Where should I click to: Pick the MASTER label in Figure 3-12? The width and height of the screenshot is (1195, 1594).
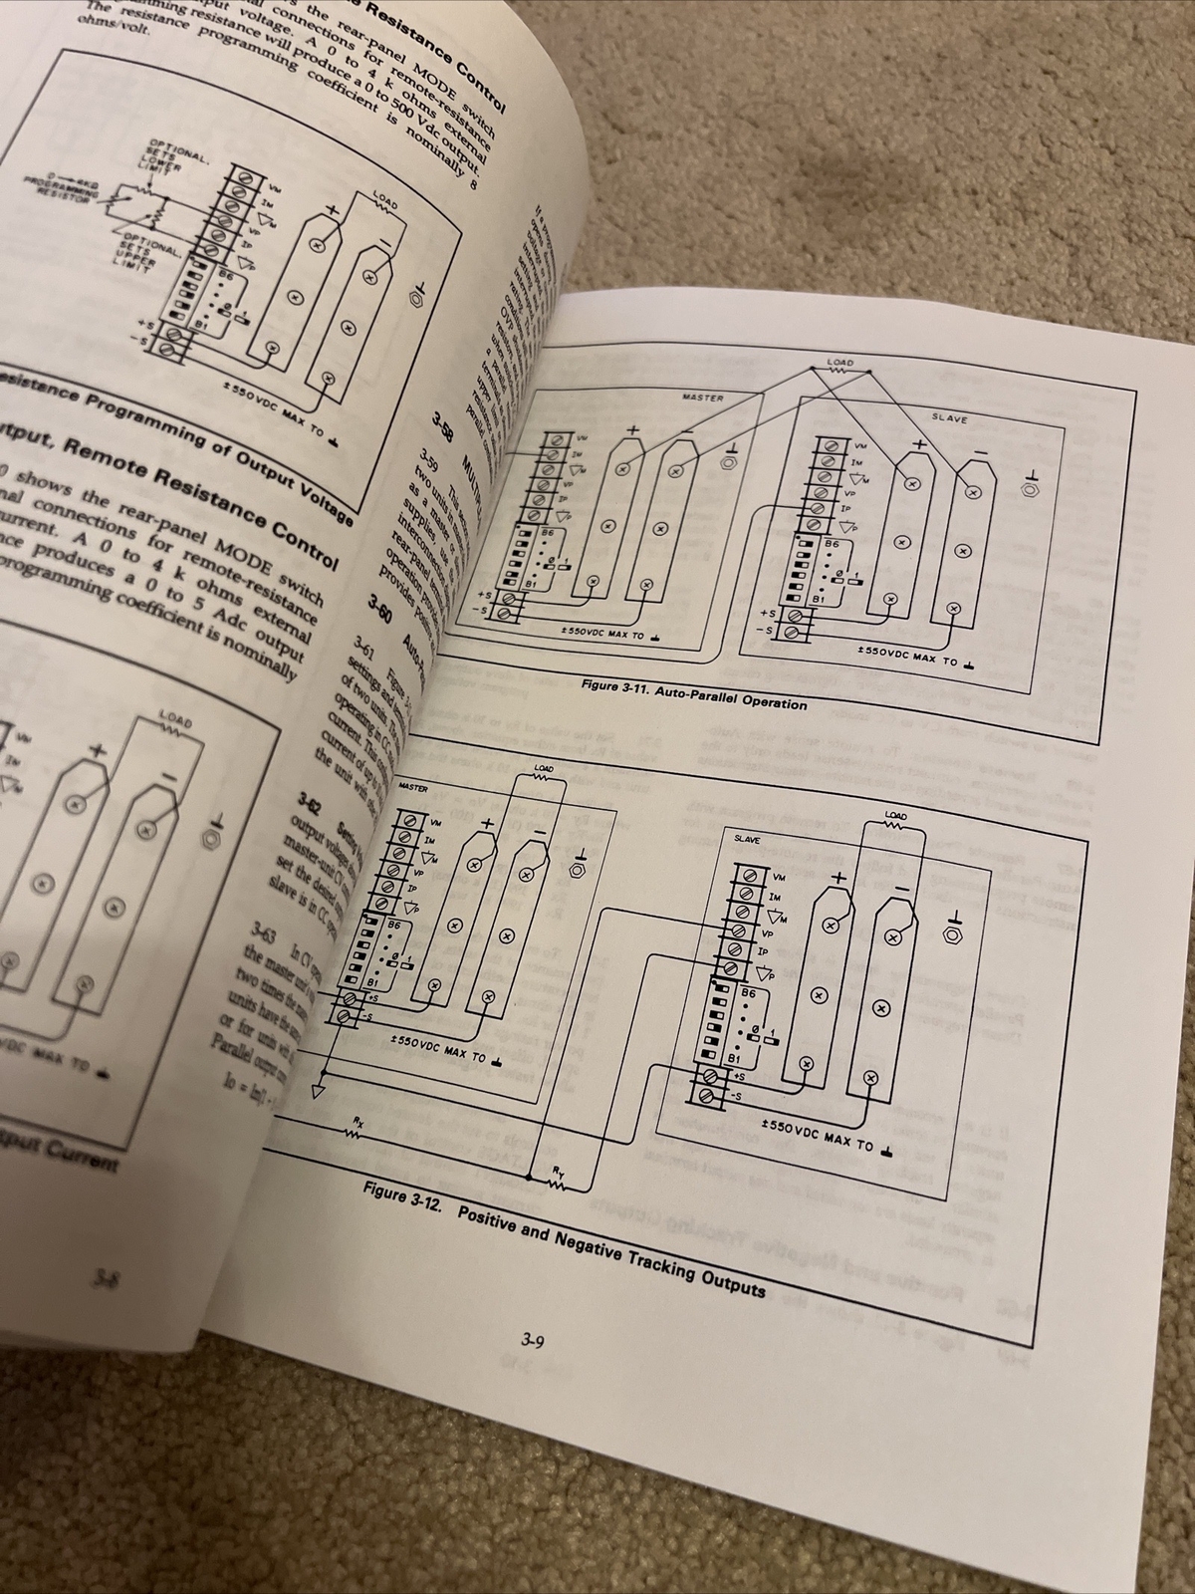pos(411,787)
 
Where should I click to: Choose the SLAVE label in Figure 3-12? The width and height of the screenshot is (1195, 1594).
pos(746,839)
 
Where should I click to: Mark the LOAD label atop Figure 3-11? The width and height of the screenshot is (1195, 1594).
pos(839,362)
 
